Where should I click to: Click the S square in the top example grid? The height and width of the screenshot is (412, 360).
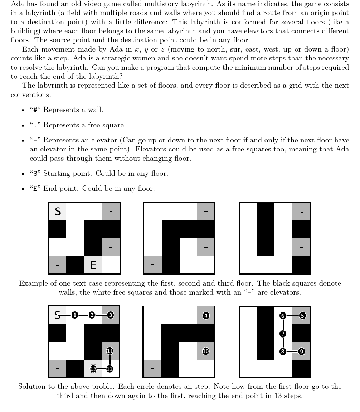click(x=58, y=212)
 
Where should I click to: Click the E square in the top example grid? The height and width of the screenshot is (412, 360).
click(x=93, y=265)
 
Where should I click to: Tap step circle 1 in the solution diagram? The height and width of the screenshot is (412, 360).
click(x=74, y=315)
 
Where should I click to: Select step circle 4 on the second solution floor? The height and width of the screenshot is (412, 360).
click(x=206, y=315)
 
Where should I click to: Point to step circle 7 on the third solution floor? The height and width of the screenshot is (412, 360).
click(x=283, y=334)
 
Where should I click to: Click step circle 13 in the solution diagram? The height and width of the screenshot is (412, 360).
click(x=93, y=369)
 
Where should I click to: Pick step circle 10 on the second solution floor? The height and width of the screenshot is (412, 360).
click(x=206, y=351)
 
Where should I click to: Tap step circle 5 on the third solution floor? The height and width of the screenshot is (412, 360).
click(x=302, y=315)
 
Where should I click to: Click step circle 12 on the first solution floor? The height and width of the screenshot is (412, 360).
click(x=110, y=369)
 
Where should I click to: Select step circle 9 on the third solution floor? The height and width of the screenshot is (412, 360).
click(x=301, y=352)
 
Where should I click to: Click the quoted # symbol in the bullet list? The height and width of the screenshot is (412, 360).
click(x=35, y=110)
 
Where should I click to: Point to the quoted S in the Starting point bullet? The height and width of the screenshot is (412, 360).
click(x=35, y=174)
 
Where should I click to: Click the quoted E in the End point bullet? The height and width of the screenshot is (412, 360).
click(x=35, y=189)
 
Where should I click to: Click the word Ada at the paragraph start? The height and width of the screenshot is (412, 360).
click(x=17, y=4)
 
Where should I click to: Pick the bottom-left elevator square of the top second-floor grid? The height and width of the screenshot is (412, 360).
click(x=152, y=265)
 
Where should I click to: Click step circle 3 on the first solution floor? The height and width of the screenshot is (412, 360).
click(x=111, y=315)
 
